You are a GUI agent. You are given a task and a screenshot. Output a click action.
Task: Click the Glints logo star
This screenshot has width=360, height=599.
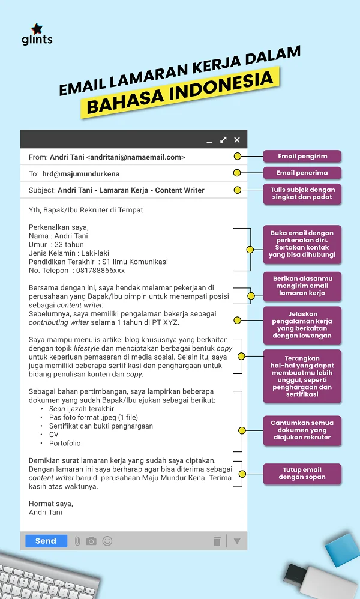pos(37,29)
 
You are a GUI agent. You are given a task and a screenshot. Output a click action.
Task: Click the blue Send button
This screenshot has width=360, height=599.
pos(46,541)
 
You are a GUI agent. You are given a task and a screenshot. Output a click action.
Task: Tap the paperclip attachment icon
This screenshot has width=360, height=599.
pos(77,541)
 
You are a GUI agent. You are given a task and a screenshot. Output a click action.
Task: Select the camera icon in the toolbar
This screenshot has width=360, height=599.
pos(91,541)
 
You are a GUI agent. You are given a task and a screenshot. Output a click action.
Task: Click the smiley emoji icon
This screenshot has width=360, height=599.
pos(107,541)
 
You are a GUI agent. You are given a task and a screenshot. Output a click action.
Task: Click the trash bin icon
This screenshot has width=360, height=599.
pos(217,541)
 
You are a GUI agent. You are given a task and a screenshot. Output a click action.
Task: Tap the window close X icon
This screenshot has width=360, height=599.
pos(237,140)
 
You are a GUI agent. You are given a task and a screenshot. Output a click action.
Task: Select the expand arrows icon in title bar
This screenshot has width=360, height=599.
pos(223,140)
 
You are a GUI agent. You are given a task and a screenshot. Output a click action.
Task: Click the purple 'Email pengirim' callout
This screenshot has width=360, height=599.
pos(302,157)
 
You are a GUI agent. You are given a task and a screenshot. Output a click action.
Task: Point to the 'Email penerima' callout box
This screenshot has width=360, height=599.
pos(302,173)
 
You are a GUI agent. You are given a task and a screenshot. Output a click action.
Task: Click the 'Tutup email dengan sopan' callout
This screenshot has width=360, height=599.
pos(302,473)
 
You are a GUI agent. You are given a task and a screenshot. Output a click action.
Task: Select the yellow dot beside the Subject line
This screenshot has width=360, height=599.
pos(237,190)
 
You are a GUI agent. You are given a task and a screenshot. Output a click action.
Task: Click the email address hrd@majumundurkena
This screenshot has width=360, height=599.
pos(80,174)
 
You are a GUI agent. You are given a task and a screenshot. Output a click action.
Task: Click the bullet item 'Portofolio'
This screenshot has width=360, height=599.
pos(65,443)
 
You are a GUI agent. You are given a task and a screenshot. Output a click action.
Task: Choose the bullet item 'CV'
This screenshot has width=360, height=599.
pos(53,435)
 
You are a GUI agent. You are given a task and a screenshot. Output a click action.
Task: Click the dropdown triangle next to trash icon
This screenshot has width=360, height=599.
pos(236,541)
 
